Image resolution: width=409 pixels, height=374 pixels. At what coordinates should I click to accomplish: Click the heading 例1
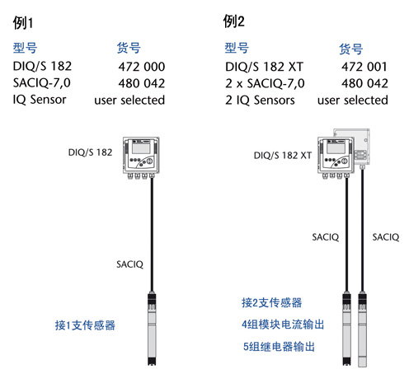(23, 22)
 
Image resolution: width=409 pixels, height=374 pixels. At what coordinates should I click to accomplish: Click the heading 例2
(233, 21)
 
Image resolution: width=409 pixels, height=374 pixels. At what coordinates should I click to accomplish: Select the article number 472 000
(142, 67)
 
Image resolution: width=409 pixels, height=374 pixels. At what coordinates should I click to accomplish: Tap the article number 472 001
(364, 67)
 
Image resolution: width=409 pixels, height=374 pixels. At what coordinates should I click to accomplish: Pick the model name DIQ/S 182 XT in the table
(264, 67)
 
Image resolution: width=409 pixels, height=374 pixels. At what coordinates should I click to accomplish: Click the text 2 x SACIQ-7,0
(265, 83)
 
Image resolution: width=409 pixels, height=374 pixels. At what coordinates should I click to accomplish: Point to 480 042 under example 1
(142, 83)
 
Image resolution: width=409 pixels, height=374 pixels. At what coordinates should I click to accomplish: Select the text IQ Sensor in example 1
(40, 100)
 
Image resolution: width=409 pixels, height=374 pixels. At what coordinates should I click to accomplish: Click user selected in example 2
(353, 100)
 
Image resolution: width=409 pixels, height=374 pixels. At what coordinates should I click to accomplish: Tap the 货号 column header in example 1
(129, 48)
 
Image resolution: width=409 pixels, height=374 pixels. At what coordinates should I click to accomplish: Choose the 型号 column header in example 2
(237, 48)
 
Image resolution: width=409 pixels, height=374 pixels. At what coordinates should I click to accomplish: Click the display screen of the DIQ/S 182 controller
(141, 148)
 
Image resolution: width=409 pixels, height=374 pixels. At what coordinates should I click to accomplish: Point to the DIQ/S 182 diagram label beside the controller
(90, 152)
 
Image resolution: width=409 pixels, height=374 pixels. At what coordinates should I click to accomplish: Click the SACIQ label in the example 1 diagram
(129, 264)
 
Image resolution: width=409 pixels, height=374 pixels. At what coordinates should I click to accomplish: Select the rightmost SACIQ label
(386, 237)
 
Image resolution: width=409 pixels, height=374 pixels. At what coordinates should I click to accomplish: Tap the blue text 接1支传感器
(85, 325)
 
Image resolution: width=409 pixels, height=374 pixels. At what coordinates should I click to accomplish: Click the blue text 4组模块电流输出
(283, 325)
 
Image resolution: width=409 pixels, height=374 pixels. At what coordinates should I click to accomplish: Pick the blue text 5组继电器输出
(279, 347)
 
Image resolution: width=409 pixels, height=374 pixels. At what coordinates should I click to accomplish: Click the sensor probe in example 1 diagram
(152, 329)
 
